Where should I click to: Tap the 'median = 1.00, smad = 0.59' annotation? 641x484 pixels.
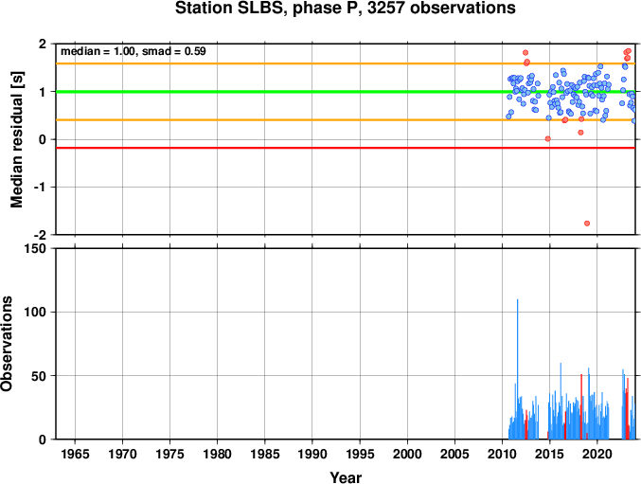[x=134, y=51]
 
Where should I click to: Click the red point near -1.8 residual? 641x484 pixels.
[x=587, y=224]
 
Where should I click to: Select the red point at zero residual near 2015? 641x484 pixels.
[x=548, y=138]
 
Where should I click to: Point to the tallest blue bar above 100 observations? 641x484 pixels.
[x=517, y=369]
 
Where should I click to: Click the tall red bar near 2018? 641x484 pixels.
[x=581, y=406]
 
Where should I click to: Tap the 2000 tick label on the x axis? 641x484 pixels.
[x=407, y=454]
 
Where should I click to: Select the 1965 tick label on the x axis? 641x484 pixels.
[x=75, y=454]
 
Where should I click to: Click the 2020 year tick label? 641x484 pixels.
[x=597, y=454]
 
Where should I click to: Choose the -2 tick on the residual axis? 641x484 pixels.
[x=42, y=235]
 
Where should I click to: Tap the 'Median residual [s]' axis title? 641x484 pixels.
[x=16, y=139]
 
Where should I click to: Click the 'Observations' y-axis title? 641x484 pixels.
[x=7, y=344]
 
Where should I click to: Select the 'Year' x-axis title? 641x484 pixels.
[x=346, y=477]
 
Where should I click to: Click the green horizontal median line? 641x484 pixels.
[x=346, y=92]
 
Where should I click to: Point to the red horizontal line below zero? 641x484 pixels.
[x=346, y=148]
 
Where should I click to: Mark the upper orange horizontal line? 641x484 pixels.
[x=346, y=63]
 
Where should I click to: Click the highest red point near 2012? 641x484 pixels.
[x=525, y=53]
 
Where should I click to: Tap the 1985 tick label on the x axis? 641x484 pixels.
[x=265, y=454]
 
